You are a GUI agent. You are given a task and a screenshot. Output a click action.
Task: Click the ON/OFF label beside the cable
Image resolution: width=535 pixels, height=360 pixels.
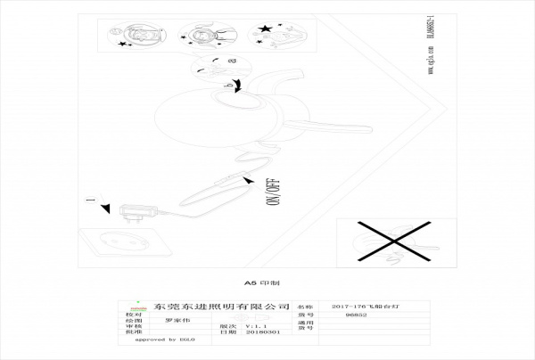273,191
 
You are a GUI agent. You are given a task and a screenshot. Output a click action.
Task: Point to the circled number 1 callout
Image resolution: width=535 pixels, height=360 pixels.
89,201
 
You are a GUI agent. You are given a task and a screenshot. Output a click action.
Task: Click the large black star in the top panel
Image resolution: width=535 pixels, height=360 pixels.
266,32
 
